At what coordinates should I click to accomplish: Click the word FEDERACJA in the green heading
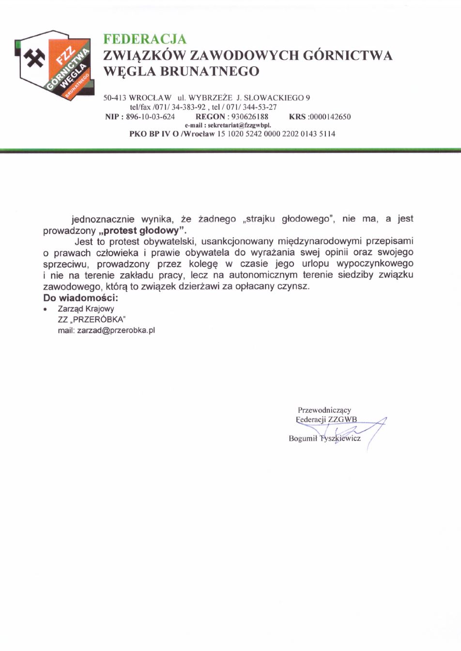pos(145,39)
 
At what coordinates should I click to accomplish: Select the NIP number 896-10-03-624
pos(151,117)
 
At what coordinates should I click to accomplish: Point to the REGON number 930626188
pos(250,117)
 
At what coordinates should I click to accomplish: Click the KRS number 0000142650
pos(330,117)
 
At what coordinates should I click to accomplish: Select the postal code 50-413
pos(115,98)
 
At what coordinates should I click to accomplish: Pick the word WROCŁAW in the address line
pos(151,98)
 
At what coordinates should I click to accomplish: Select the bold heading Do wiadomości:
pos(80,297)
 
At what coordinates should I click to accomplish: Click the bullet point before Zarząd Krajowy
pos(45,309)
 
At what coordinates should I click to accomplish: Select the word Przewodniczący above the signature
pos(324,410)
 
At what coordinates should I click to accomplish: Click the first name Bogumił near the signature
pos(303,438)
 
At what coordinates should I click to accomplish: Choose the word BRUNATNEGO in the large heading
pos(209,71)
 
